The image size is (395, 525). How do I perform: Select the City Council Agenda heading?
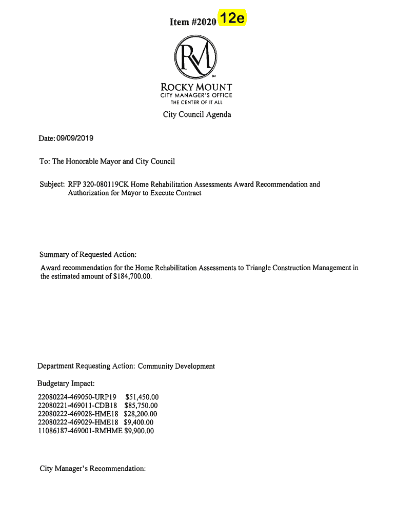pyautogui.click(x=197, y=114)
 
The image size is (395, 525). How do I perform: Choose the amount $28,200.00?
pyautogui.click(x=141, y=414)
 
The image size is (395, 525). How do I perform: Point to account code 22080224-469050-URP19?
pyautogui.click(x=77, y=397)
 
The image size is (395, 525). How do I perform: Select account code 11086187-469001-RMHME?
pyautogui.click(x=80, y=431)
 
